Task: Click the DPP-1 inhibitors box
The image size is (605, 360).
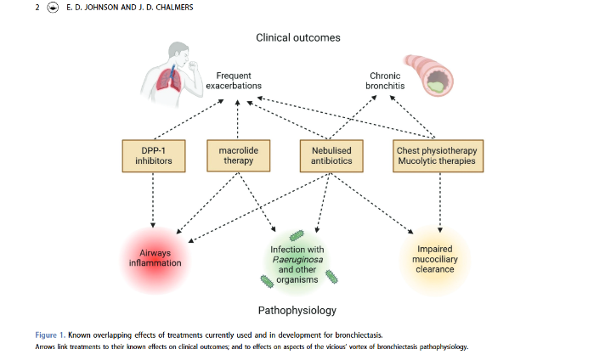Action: tap(154, 155)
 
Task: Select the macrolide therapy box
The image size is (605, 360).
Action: tap(239, 155)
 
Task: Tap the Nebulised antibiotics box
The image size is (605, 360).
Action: tap(331, 155)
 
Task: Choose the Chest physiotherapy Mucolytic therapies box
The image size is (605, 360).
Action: tap(438, 155)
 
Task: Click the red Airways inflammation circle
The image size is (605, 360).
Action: tap(155, 260)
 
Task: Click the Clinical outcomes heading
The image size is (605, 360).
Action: tap(298, 37)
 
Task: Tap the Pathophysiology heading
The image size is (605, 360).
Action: tap(297, 310)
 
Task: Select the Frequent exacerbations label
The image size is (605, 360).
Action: tap(234, 81)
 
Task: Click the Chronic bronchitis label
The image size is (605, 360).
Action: tap(385, 81)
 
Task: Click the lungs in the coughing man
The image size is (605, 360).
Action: tap(170, 79)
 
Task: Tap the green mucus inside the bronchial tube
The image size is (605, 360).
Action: tap(434, 87)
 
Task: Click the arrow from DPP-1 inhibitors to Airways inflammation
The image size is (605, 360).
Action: tap(153, 200)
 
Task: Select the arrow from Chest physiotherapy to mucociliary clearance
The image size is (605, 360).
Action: tap(440, 202)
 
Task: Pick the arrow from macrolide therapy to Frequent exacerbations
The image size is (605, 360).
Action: tap(237, 119)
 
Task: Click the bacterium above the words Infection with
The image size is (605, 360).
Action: tap(297, 235)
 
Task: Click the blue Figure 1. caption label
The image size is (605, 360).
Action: tap(50, 335)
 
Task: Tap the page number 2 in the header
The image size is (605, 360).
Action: tap(37, 8)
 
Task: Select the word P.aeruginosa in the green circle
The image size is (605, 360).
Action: tap(297, 260)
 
